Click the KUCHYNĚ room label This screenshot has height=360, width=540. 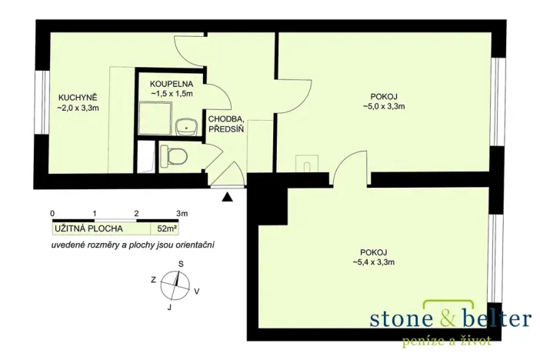click(x=78, y=97)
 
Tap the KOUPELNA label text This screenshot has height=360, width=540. click(x=172, y=84)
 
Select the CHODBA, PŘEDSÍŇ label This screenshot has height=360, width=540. click(x=226, y=125)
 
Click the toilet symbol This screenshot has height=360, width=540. click(x=174, y=157)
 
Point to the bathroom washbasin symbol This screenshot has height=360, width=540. click(x=186, y=128)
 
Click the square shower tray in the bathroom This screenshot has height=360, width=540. click(x=155, y=118)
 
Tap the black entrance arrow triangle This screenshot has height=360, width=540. click(x=227, y=197)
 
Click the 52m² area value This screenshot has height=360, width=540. click(x=165, y=228)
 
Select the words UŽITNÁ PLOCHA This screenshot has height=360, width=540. click(x=88, y=228)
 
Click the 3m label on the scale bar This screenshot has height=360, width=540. click(x=182, y=214)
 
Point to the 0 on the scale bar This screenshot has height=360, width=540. click(x=52, y=214)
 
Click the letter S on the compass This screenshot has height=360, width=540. click(x=181, y=264)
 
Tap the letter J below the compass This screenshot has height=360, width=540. click(x=169, y=308)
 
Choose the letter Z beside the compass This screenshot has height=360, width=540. click(x=154, y=280)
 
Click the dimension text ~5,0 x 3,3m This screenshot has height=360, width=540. click(x=384, y=106)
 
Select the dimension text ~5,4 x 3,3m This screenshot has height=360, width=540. click(x=373, y=262)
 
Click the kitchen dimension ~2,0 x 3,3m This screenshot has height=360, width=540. click(x=78, y=108)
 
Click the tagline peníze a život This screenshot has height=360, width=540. click(x=446, y=341)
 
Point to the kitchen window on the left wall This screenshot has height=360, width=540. click(x=43, y=102)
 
